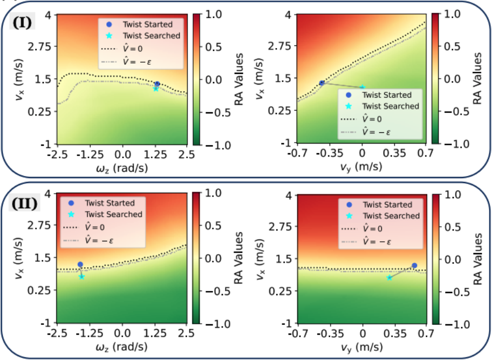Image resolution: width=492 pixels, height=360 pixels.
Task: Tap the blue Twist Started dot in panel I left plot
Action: pos(157,84)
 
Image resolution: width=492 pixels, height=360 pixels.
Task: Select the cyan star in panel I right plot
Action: pos(363,87)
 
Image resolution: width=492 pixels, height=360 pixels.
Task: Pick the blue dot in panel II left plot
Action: pos(80,264)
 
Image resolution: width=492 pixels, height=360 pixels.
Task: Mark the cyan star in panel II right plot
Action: pos(389,277)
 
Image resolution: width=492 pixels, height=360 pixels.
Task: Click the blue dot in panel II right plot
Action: pos(414,266)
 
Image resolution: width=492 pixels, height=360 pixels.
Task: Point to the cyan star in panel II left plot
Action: pos(82,276)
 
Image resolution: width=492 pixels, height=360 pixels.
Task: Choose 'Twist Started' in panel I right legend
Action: pos(387,95)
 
